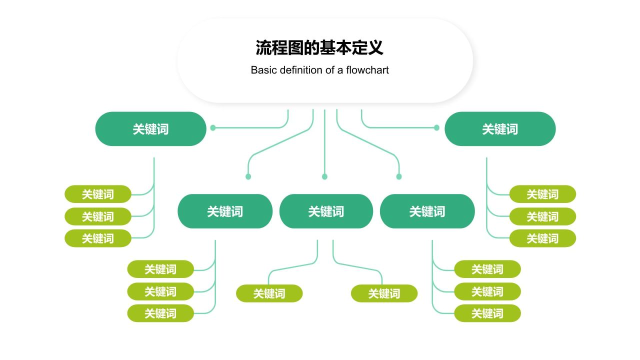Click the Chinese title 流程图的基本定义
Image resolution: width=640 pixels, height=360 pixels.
click(319, 48)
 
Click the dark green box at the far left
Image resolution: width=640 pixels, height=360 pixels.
click(150, 129)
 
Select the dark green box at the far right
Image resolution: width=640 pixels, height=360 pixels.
click(500, 129)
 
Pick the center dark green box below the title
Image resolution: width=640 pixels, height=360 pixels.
click(326, 211)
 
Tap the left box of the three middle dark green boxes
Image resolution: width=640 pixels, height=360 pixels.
click(225, 211)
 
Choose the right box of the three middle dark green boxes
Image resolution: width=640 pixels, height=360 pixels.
click(427, 211)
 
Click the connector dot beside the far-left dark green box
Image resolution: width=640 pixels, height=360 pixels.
click(213, 128)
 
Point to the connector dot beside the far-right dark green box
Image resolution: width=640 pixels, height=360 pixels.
click(436, 128)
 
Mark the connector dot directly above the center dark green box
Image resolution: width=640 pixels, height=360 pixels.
click(324, 176)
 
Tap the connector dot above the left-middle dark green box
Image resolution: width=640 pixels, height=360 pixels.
click(248, 176)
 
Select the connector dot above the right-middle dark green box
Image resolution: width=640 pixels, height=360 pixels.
click(399, 176)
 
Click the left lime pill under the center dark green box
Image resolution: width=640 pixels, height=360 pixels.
click(269, 293)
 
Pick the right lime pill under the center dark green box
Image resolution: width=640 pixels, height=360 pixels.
click(384, 293)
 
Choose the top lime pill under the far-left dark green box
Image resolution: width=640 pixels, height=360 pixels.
click(98, 194)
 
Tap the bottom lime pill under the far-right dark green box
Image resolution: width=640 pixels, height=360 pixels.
click(542, 238)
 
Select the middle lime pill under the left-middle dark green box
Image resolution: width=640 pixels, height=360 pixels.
click(160, 291)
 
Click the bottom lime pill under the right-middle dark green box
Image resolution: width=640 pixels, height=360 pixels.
click(487, 313)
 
